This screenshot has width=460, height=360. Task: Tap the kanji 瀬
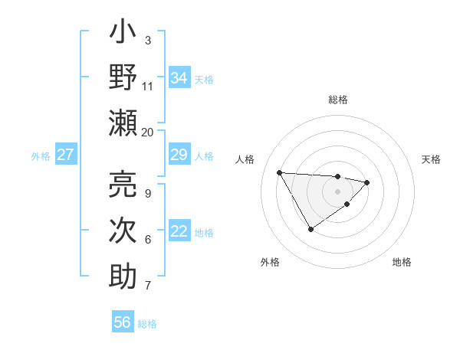pyautogui.click(x=123, y=123)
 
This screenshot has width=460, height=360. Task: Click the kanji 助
pyautogui.click(x=123, y=277)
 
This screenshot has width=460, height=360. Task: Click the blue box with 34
pyautogui.click(x=179, y=77)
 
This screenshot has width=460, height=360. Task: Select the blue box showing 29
pyautogui.click(x=179, y=155)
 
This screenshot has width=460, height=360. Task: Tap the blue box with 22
pyautogui.click(x=179, y=231)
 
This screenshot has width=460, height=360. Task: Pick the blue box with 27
pyautogui.click(x=66, y=155)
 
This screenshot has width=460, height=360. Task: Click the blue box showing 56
pyautogui.click(x=123, y=322)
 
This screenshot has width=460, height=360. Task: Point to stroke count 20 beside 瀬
pyautogui.click(x=148, y=132)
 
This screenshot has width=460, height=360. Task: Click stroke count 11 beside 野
pyautogui.click(x=148, y=86)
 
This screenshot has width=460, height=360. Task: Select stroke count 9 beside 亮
pyautogui.click(x=148, y=193)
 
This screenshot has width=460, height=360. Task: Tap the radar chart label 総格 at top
pyautogui.click(x=337, y=100)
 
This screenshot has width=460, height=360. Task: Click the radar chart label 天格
pyautogui.click(x=431, y=159)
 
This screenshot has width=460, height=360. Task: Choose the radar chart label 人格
pyautogui.click(x=245, y=159)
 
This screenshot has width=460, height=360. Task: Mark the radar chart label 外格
pyautogui.click(x=270, y=262)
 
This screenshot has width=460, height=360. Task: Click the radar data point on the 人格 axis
pyautogui.click(x=280, y=172)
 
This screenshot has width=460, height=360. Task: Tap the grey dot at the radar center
pyautogui.click(x=337, y=191)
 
